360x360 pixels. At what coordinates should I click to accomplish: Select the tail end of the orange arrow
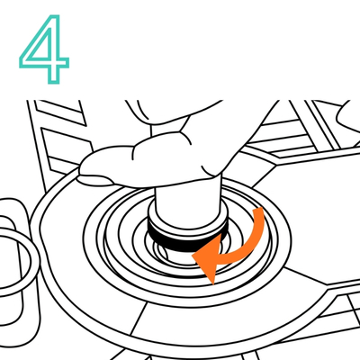[x=258, y=211]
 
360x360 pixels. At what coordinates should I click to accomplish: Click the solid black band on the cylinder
[x=186, y=240]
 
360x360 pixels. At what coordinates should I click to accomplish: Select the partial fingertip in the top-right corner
[x=349, y=117]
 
